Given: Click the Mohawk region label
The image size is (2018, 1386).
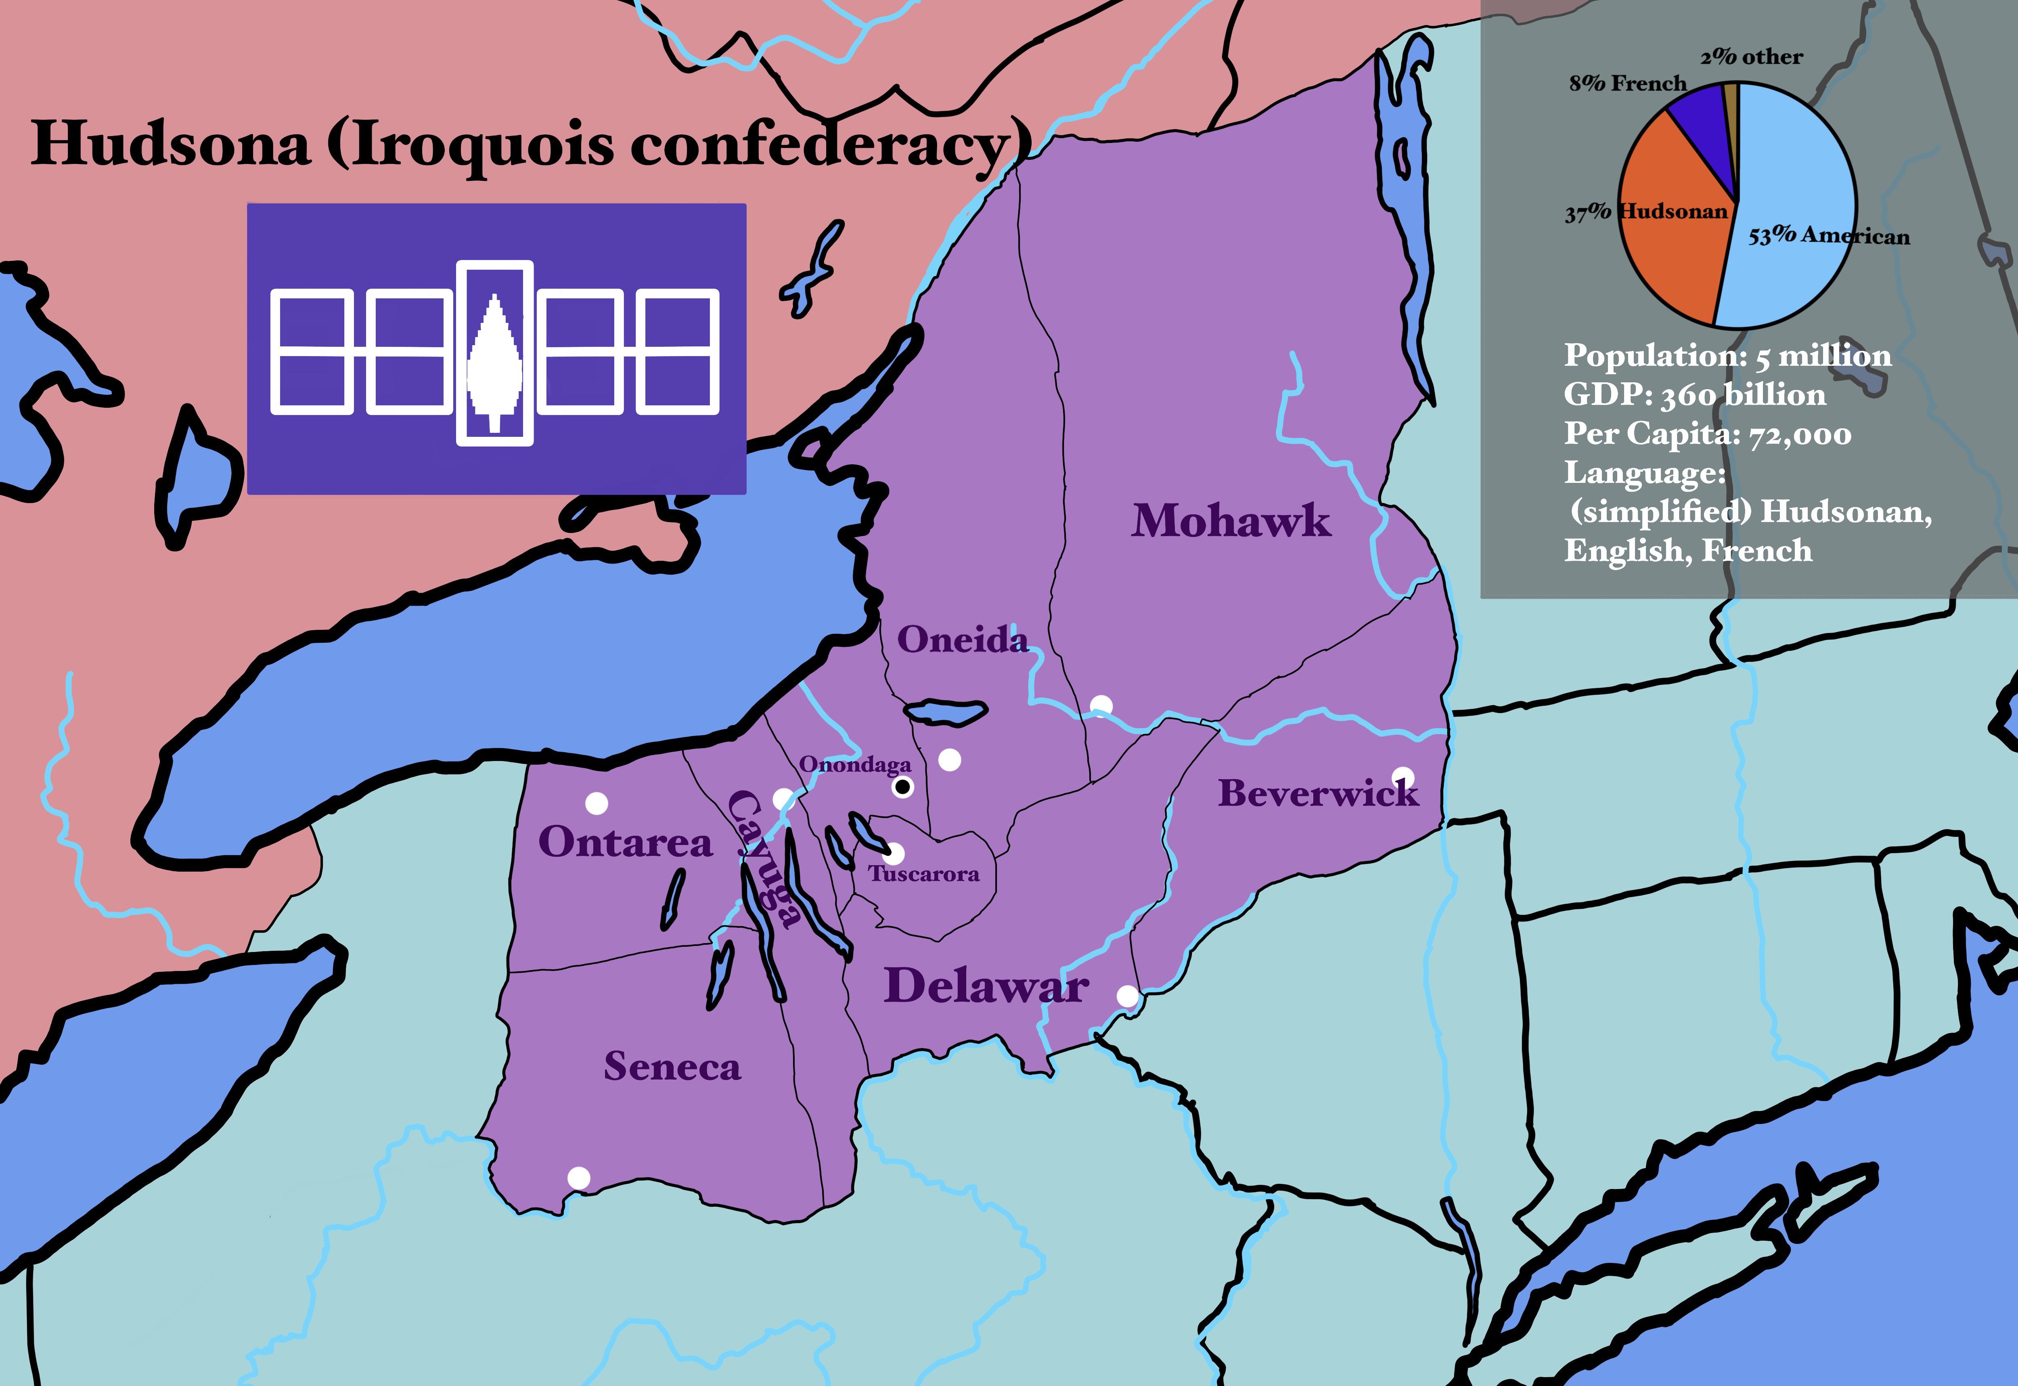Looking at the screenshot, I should [x=1231, y=521].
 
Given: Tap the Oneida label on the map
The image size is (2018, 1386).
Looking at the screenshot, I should [x=962, y=640].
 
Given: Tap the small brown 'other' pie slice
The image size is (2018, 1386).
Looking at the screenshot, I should [x=1731, y=104].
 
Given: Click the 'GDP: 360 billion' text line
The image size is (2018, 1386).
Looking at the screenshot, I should [x=1694, y=395].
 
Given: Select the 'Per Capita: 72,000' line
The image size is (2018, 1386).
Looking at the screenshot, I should [x=1707, y=434].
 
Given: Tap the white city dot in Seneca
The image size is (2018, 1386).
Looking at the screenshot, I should [x=578, y=1178].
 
